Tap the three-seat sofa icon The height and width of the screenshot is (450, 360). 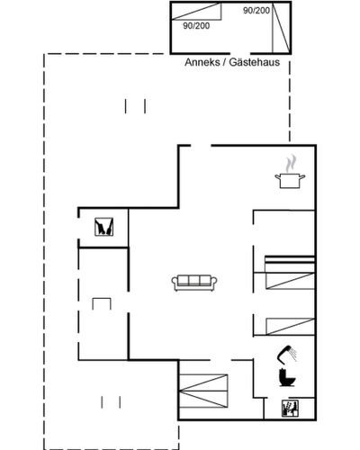coord(194,283)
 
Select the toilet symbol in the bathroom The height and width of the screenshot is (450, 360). coord(287,377)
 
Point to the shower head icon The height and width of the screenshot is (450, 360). coord(287,354)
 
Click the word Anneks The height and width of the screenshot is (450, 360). coord(202,62)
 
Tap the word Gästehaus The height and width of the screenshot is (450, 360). coord(255,62)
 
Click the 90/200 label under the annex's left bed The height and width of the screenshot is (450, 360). coord(196,26)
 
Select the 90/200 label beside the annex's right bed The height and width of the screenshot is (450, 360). coord(256,11)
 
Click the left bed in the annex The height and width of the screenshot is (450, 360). coord(196,12)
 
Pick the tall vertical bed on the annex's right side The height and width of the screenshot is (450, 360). coord(281,28)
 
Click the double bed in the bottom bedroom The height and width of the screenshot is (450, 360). coord(203,391)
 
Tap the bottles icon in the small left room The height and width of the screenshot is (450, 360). coord(104,227)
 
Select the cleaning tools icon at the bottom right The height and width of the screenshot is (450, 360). coord(290,409)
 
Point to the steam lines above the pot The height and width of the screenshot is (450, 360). coord(291,164)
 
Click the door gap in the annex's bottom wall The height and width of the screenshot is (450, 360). coord(241,53)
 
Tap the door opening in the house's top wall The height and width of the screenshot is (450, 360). coord(201,146)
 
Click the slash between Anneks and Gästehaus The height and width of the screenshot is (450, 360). coord(224,62)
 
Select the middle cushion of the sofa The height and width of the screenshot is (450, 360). coord(194,281)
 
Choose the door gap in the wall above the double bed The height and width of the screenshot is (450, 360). coord(220,360)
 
